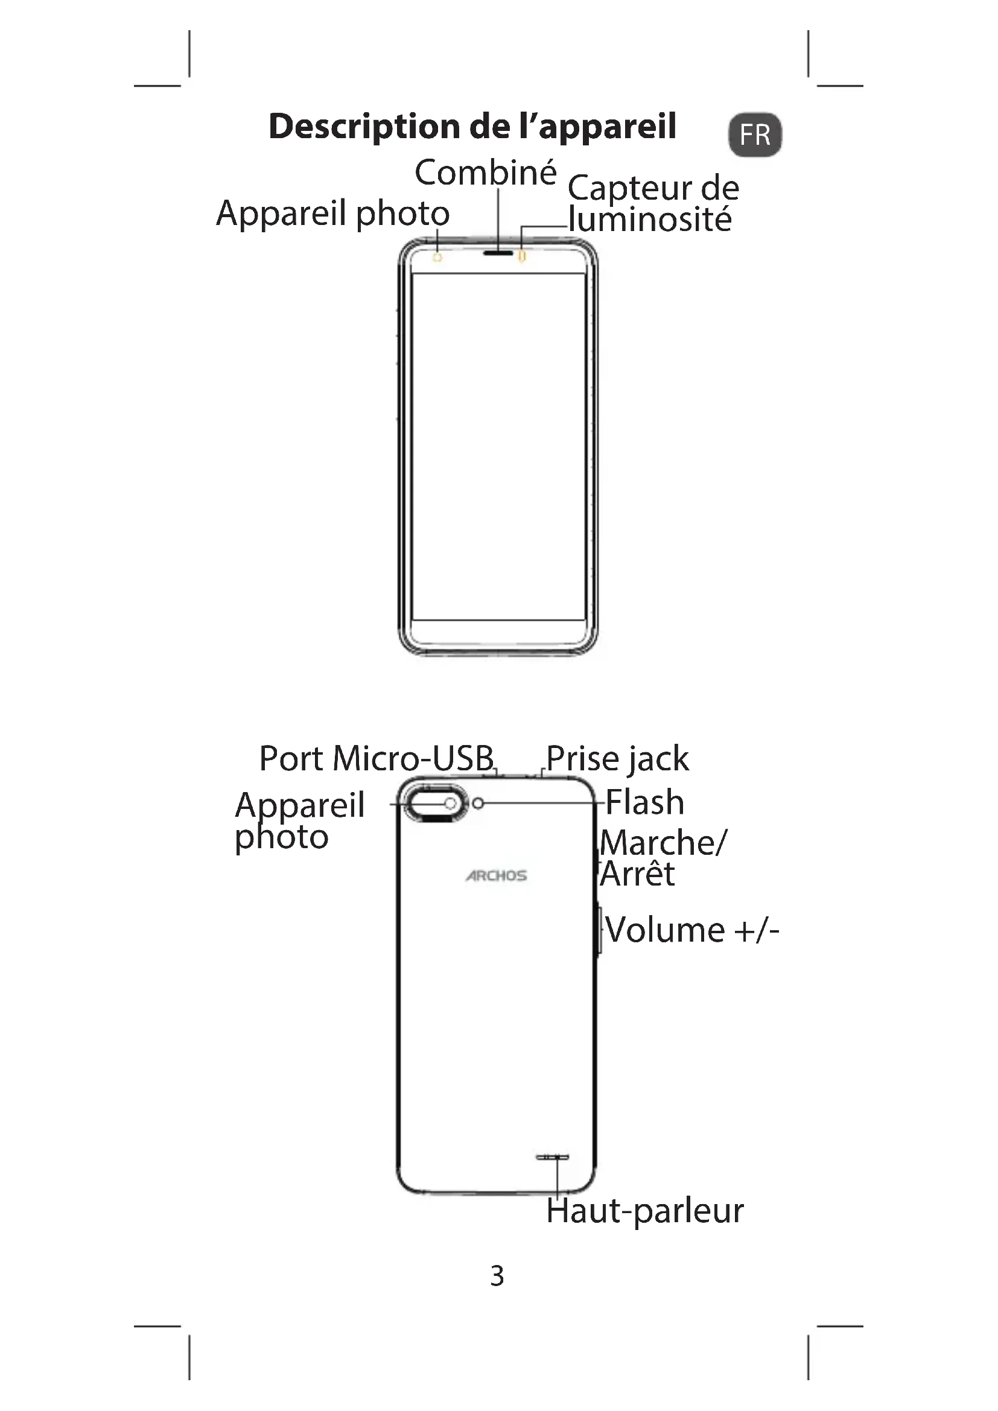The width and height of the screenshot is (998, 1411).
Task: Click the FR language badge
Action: click(755, 135)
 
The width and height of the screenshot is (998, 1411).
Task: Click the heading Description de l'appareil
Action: click(472, 127)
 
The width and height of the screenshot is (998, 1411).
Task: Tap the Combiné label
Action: click(486, 173)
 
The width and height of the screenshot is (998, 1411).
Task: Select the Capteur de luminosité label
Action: click(653, 203)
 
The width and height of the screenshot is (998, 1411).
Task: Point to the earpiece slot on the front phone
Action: click(498, 253)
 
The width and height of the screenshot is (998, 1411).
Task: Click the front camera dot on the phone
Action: click(437, 257)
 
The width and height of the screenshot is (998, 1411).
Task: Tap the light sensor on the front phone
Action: click(523, 255)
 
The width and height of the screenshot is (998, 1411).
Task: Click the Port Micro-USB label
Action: click(377, 758)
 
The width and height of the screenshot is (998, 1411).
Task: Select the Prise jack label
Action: click(617, 758)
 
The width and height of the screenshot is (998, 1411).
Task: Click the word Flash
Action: click(644, 802)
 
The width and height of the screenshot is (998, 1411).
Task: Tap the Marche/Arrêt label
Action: click(663, 858)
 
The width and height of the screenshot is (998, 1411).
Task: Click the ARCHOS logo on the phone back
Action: click(496, 875)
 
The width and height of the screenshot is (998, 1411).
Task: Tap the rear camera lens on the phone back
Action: click(450, 803)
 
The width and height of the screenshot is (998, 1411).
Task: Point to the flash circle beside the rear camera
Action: click(478, 803)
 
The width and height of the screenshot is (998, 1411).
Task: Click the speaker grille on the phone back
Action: click(553, 1157)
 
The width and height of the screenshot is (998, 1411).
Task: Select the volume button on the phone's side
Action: click(599, 930)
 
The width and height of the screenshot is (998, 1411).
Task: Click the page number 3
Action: click(497, 1276)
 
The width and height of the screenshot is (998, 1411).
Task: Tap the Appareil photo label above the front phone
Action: click(333, 213)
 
